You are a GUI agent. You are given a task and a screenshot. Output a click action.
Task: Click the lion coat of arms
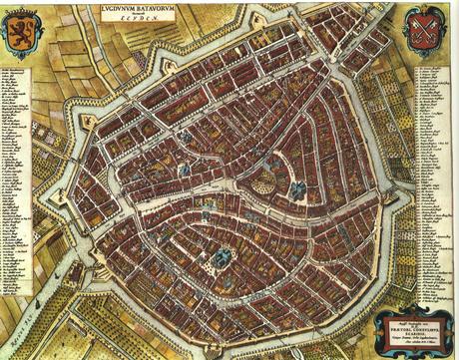pyautogui.click(x=22, y=36)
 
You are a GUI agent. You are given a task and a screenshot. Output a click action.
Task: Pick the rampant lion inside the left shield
pyautogui.click(x=22, y=38)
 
